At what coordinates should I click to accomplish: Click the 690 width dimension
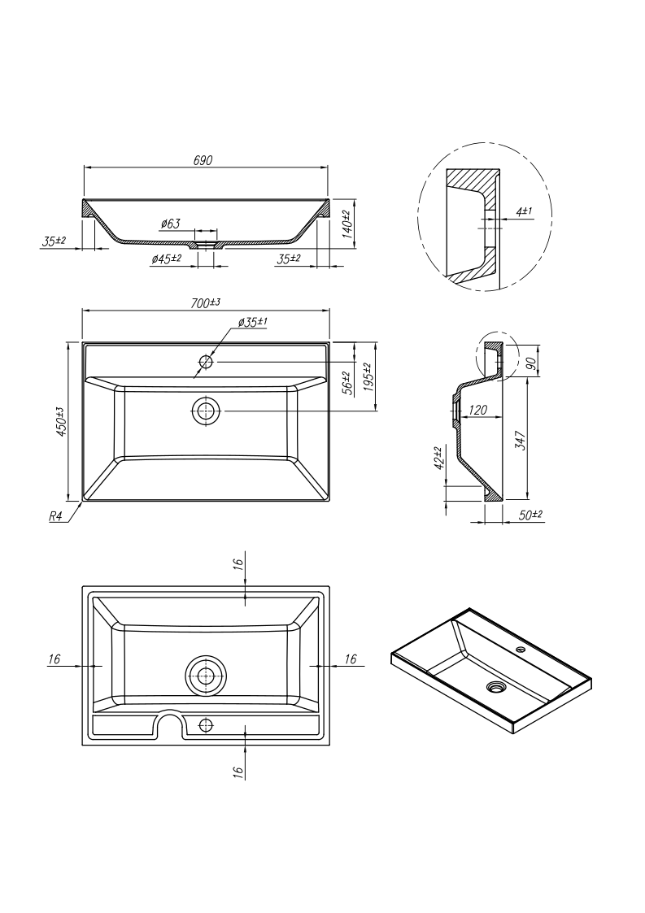click(x=203, y=160)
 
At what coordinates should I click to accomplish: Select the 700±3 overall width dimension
click(x=207, y=302)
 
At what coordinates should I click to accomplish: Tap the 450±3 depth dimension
click(x=59, y=421)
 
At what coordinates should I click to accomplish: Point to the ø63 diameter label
click(x=170, y=223)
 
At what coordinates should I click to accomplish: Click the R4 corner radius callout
click(x=56, y=516)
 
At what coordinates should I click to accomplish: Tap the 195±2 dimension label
click(x=368, y=376)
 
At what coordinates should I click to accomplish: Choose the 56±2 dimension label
click(x=346, y=382)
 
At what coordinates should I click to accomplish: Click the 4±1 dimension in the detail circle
click(x=524, y=211)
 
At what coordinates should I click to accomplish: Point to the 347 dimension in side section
click(x=521, y=440)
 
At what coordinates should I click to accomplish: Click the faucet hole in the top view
click(x=206, y=361)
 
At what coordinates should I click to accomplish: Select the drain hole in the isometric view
click(x=495, y=687)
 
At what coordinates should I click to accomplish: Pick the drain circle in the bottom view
click(x=206, y=676)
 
